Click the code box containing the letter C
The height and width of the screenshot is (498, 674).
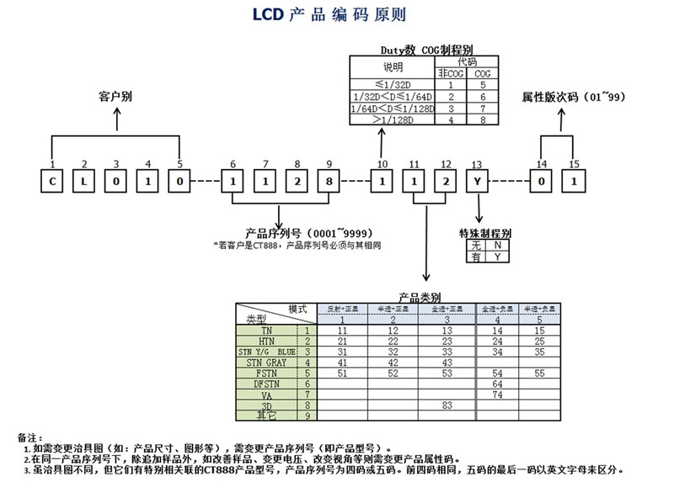coord(52,181)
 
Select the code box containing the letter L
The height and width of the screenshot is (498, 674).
coord(83,181)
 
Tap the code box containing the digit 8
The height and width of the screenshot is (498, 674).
coord(329,181)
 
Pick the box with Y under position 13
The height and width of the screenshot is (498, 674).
coord(478,181)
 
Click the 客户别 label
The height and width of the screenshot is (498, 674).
coord(115,98)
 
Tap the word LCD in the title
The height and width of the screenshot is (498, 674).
coord(269,15)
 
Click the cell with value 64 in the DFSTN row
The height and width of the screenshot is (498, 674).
coord(497,384)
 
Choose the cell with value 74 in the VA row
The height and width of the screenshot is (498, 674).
coord(497,394)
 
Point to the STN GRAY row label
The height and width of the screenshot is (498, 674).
coord(267,363)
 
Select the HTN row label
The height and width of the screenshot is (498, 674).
coord(267,342)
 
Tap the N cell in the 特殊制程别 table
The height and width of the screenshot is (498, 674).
coord(497,245)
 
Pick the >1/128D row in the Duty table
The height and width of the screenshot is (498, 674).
coord(393,119)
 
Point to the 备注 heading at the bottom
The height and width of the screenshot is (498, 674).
coord(29,437)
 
